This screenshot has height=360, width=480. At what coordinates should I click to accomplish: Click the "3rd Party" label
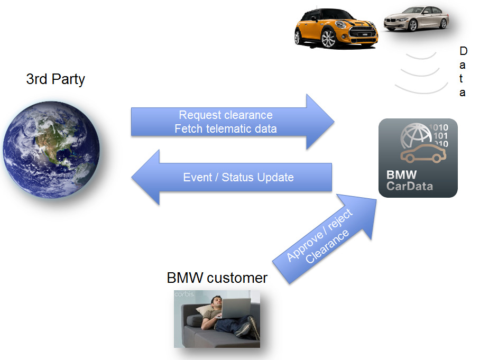click(x=56, y=80)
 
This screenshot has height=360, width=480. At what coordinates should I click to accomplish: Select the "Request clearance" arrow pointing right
click(x=233, y=122)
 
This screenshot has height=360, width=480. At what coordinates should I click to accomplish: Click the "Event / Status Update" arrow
click(x=233, y=177)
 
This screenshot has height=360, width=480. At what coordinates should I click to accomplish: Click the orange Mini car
click(x=336, y=30)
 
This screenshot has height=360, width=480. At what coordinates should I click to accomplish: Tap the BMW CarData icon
click(x=418, y=158)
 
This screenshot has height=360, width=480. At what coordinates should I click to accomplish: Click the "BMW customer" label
click(x=217, y=278)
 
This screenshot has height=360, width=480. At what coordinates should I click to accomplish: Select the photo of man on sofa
click(x=217, y=319)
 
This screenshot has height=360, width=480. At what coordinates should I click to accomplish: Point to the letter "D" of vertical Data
click(x=463, y=51)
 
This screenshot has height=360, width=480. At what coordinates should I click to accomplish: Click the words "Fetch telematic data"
click(x=226, y=128)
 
